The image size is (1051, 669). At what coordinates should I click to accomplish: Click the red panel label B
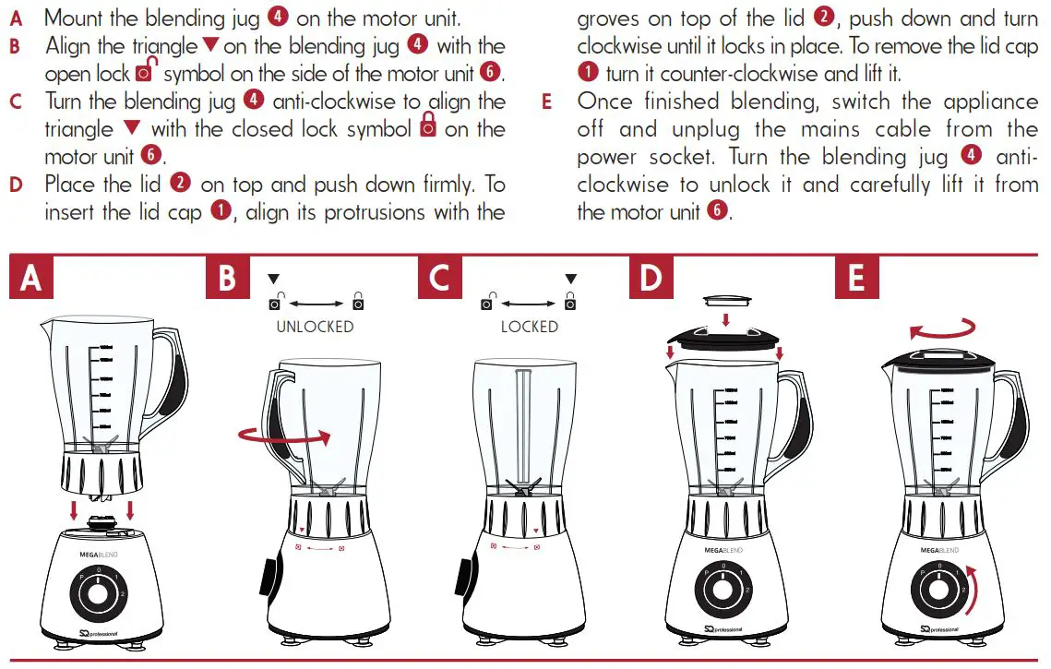[227, 277]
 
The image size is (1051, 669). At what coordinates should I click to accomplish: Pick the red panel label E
[856, 277]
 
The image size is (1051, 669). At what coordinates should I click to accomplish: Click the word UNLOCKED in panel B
[315, 327]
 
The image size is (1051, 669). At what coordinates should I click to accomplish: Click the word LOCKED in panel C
[529, 327]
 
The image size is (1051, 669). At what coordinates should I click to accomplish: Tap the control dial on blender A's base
[96, 591]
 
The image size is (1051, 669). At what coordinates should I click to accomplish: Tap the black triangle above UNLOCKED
[273, 279]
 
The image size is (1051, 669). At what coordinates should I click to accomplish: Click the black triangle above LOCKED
[570, 279]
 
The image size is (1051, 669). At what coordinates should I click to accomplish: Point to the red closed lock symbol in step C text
[427, 127]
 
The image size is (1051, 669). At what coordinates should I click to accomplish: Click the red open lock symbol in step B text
[144, 71]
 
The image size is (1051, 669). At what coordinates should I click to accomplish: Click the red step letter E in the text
[547, 102]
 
